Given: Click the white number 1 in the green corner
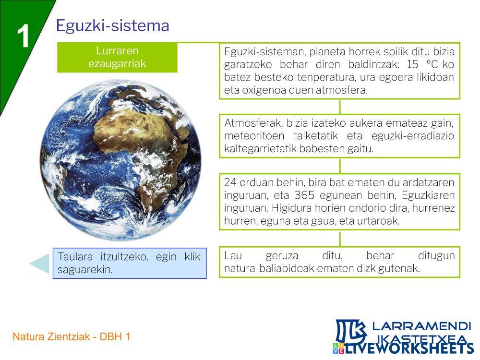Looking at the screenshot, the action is [23, 36].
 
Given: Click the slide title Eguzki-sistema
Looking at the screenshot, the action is [113, 25].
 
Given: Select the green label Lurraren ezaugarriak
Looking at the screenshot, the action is [117, 57].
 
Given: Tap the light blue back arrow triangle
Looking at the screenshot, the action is [39, 263].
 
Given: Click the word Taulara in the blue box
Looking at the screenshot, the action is [75, 256].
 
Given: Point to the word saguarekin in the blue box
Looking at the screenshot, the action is [85, 269].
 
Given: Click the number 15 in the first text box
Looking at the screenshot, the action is [412, 64].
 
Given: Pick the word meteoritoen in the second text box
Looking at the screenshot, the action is [254, 136].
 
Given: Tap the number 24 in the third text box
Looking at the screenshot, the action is [230, 182].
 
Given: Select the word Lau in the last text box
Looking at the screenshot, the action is [233, 255].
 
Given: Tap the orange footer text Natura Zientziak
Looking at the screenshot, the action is [51, 337].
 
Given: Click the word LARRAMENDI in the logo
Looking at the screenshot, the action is [421, 326].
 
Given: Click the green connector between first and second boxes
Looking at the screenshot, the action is [340, 107].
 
